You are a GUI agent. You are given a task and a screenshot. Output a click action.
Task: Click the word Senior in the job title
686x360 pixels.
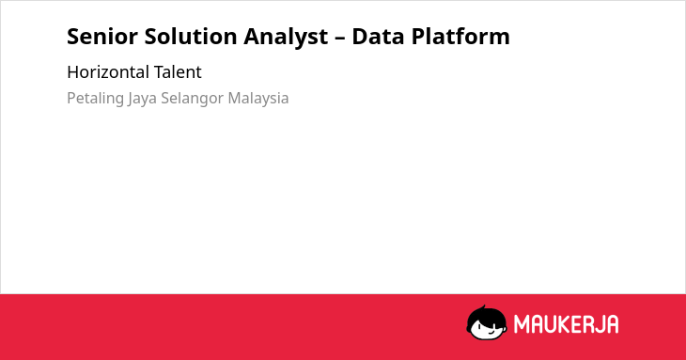[102, 37]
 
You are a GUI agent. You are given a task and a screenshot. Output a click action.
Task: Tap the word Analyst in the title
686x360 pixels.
[286, 38]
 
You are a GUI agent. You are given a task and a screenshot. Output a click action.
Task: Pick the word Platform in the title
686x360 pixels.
[460, 37]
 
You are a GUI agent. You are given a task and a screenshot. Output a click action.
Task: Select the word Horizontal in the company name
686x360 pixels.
[108, 72]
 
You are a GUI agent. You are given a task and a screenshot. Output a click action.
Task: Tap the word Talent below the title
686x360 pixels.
[178, 72]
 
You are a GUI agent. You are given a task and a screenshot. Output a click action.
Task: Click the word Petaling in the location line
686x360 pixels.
[95, 99]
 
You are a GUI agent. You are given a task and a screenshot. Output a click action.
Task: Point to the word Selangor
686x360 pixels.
[193, 99]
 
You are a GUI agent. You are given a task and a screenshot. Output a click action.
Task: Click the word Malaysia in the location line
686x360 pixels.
[258, 99]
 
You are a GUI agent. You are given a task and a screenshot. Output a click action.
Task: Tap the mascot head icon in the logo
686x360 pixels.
[487, 323]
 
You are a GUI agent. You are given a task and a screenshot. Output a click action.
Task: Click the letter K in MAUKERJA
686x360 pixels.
[564, 324]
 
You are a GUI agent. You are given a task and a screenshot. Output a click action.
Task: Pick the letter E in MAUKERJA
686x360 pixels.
[578, 324]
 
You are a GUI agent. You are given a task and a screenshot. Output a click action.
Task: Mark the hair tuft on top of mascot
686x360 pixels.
[483, 307]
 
